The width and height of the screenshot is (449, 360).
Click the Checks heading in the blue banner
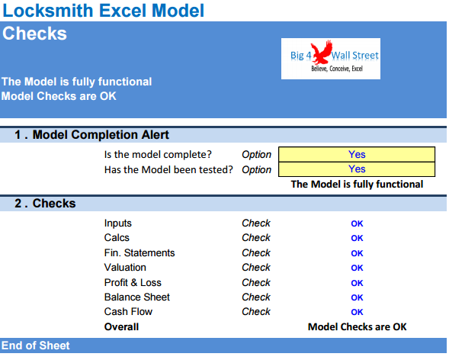coord(34,34)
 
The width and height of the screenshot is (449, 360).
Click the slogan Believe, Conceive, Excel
coord(336,69)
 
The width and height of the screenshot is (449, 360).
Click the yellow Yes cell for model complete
coord(356,154)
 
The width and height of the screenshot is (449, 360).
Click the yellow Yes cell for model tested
coord(356,169)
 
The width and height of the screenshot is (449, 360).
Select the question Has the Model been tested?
coord(168,169)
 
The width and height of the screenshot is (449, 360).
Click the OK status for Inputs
coord(357,223)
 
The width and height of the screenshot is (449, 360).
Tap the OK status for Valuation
coord(357,268)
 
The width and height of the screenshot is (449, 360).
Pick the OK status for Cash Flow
coord(357,312)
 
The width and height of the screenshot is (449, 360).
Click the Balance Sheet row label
coord(137,297)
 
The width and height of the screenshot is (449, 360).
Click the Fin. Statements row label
coord(140,252)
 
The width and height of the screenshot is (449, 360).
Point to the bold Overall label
coord(121,326)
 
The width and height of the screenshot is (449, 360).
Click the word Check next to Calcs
coord(255,238)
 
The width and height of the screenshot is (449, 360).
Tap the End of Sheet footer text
coord(36,346)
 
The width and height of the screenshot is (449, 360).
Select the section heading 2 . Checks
coord(45,204)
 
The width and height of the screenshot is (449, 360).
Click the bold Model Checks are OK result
coord(357,326)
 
